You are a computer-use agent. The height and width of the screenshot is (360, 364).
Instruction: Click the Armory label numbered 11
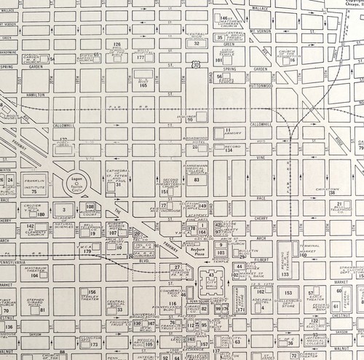click(x=232, y=131)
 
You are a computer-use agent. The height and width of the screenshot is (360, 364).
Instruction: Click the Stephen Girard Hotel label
click(x=34, y=301)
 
